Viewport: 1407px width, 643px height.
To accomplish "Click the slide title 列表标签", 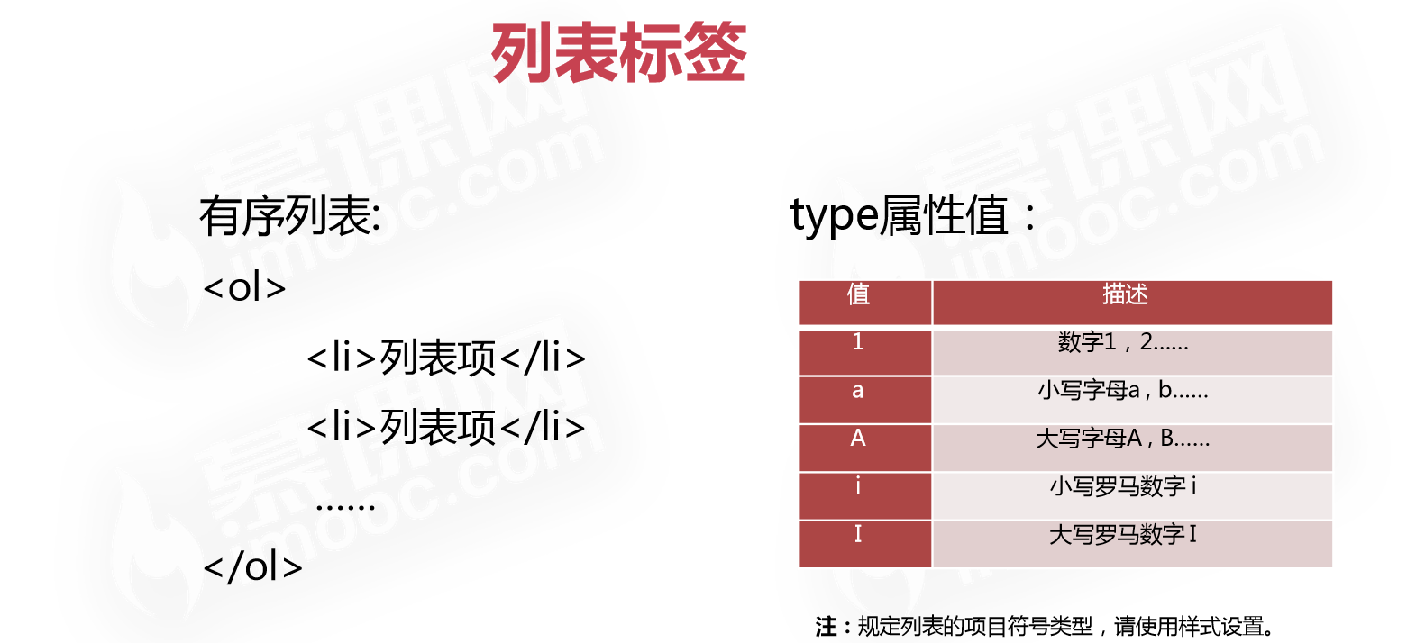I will click(x=618, y=53).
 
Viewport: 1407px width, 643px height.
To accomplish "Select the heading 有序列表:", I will click(x=290, y=217).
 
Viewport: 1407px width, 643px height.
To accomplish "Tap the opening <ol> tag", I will click(x=245, y=290).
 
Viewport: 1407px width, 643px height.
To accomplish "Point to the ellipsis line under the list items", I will click(x=345, y=504).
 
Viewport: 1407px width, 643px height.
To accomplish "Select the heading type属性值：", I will click(x=913, y=217).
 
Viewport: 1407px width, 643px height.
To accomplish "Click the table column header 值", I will click(x=858, y=295).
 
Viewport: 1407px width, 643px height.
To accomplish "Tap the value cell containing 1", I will click(x=858, y=343).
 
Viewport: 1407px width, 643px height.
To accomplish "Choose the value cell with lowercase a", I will click(x=858, y=391).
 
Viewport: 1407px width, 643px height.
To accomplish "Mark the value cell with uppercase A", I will click(x=858, y=439).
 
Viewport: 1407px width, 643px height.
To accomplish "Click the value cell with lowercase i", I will click(x=858, y=487).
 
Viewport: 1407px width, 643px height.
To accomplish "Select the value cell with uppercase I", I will click(x=858, y=535).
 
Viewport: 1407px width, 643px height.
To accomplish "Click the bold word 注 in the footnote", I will click(x=826, y=626).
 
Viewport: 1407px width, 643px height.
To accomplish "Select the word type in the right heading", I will click(x=833, y=217).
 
